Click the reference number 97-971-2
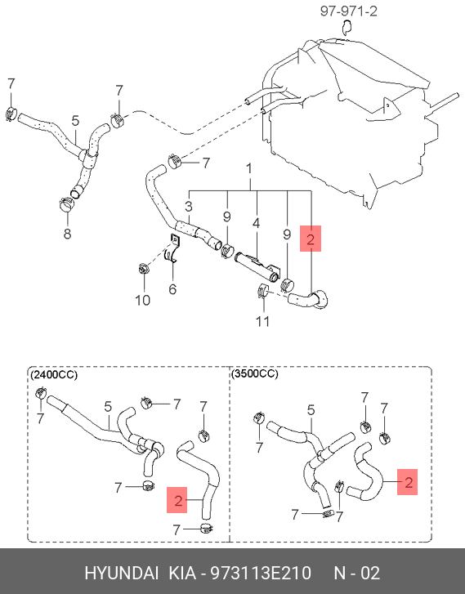click(x=349, y=11)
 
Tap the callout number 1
click(x=249, y=169)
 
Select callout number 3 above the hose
click(x=189, y=207)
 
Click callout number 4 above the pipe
click(x=257, y=223)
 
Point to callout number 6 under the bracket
click(x=172, y=289)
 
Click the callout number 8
click(x=68, y=234)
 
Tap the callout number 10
click(x=143, y=300)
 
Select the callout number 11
click(x=262, y=321)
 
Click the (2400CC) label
click(x=54, y=375)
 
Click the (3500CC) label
click(x=255, y=374)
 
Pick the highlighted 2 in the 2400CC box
click(x=178, y=501)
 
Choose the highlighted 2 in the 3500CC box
click(x=408, y=482)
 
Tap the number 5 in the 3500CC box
click(x=311, y=410)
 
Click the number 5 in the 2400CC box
click(x=108, y=407)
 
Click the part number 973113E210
click(x=261, y=573)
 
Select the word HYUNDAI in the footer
click(x=121, y=573)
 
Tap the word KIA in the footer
click(x=182, y=573)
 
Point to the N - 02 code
click(x=356, y=573)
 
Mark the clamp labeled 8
click(x=67, y=205)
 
